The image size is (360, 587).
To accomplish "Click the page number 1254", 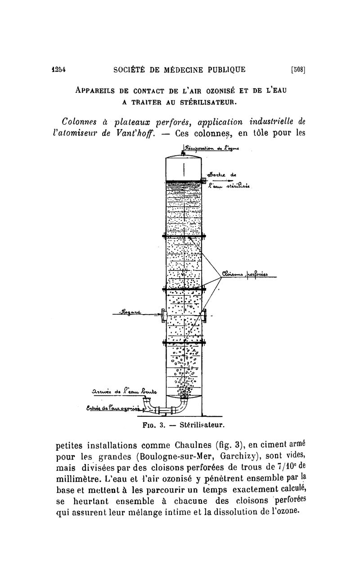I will (59, 69).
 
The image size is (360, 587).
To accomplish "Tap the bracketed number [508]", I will (298, 69).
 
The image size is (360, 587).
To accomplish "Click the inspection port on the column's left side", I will (163, 316).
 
